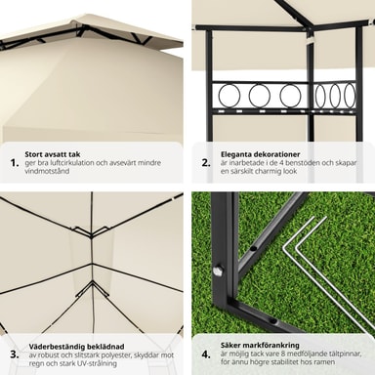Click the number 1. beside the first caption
pos(15,163)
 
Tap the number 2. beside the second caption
pos(206,163)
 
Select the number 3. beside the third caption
pos(15,354)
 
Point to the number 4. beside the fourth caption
pos(206,354)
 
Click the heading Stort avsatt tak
pos(53,154)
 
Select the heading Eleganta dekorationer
pos(261,154)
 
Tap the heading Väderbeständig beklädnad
pos(76,347)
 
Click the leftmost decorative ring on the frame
pos(229,96)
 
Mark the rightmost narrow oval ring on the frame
pos(350,96)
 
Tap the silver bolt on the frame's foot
pos(217,271)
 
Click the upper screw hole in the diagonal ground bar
pos(252,249)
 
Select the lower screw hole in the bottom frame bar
pos(273,321)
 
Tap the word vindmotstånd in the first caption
pos(47,171)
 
